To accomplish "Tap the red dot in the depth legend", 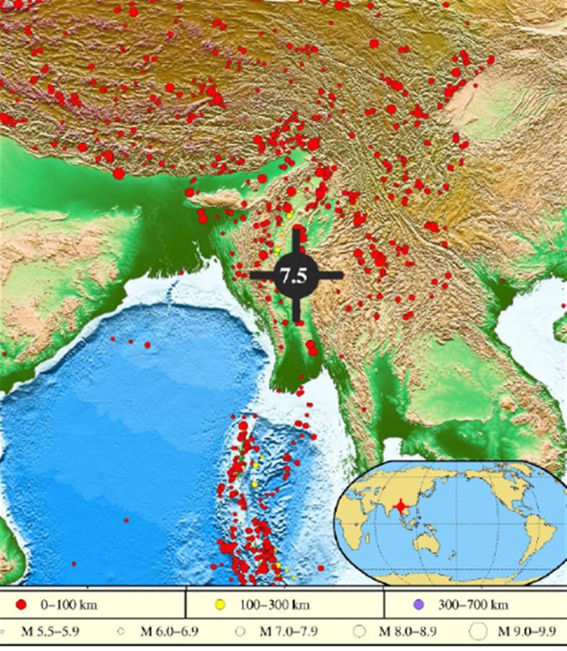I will pyautogui.click(x=21, y=604).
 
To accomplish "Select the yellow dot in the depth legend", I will pyautogui.click(x=220, y=604).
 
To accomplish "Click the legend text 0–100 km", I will pyautogui.click(x=69, y=605).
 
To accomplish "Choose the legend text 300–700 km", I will pyautogui.click(x=473, y=605).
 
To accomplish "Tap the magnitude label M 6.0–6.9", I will pyautogui.click(x=169, y=632).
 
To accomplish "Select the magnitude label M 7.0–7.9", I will pyautogui.click(x=288, y=632).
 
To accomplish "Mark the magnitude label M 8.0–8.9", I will pyautogui.click(x=407, y=632).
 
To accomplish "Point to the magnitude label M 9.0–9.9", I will pyautogui.click(x=527, y=632).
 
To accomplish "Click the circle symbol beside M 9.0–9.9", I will pyautogui.click(x=479, y=631).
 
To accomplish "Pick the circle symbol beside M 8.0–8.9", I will pyautogui.click(x=360, y=631).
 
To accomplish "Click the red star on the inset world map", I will pyautogui.click(x=401, y=507).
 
